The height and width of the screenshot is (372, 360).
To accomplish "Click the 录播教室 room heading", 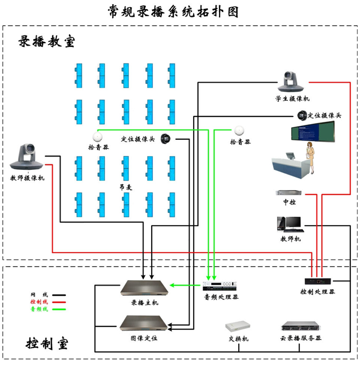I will (x=47, y=42).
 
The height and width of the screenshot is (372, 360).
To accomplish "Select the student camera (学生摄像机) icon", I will (x=293, y=81).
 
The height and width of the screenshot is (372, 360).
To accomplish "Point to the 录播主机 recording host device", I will (x=144, y=288).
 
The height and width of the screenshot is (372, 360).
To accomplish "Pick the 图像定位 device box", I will (x=144, y=323).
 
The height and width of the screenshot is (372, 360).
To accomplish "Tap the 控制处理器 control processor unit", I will (x=317, y=280).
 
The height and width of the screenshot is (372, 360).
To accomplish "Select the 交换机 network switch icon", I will (x=238, y=326).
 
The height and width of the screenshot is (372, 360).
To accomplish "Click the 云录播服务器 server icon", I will (x=301, y=327).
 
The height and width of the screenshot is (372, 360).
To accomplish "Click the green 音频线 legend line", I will (x=58, y=309).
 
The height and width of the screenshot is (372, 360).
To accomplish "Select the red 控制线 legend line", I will (x=58, y=302).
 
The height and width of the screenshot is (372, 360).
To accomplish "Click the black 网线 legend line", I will (x=58, y=295).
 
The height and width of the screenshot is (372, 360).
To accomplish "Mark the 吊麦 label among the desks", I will (x=125, y=187).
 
